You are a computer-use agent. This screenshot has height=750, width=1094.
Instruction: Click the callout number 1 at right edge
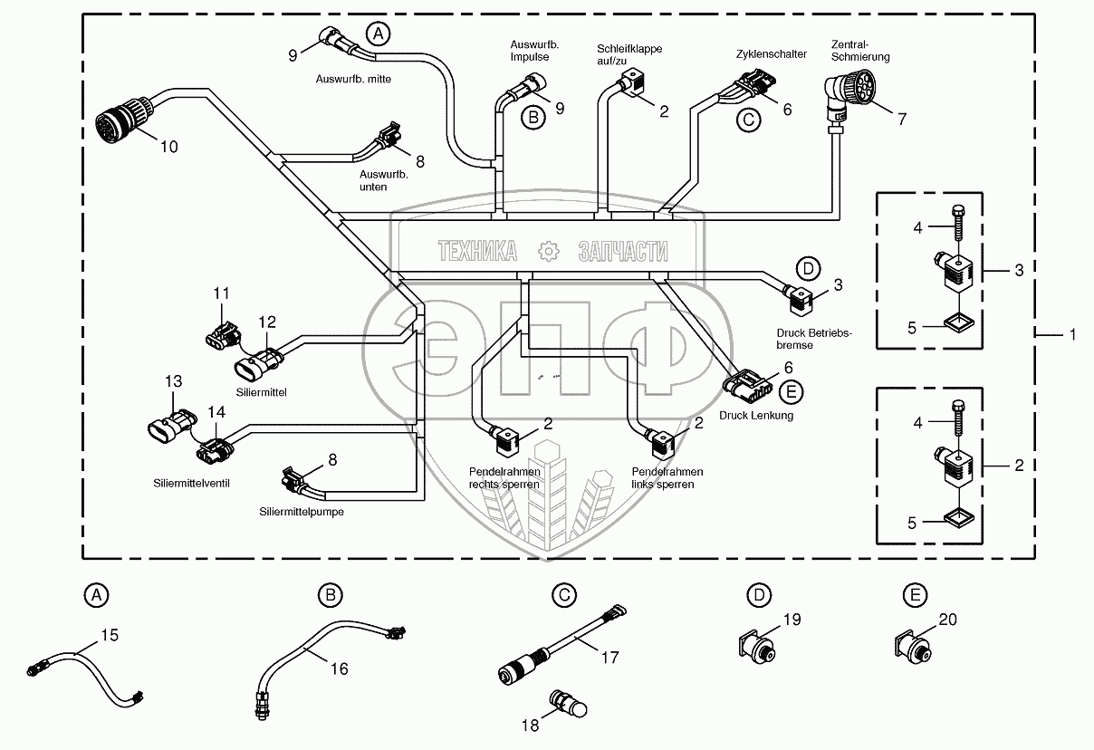[1073, 335]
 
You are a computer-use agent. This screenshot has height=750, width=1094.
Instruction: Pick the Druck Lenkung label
[756, 416]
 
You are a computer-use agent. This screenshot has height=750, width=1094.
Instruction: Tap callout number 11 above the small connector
[222, 293]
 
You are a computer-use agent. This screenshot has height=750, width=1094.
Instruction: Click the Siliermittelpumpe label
[302, 512]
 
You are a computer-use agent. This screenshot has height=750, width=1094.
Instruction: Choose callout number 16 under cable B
[339, 669]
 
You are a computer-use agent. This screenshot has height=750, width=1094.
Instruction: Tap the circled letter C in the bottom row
[563, 595]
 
